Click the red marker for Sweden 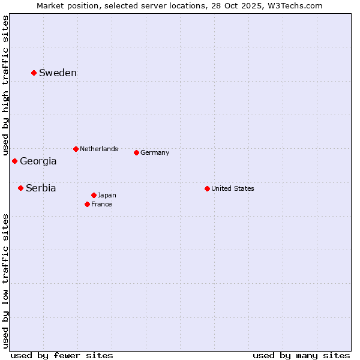pos(34,73)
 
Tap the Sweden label pos(58,73)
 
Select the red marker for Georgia pos(14,161)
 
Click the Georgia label pos(38,161)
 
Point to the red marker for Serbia pos(20,188)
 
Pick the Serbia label pos(41,188)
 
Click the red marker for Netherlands pos(76,149)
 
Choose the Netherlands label pos(99,149)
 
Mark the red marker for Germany pos(136,152)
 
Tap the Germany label pos(155,153)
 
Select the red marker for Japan pos(94,195)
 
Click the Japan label pos(107,196)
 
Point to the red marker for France pos(87,204)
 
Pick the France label pos(101,205)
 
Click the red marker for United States pos(207,188)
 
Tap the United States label pos(233,189)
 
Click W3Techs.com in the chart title pos(295,6)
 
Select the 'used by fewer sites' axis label pos(62,355)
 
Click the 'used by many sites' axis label pos(301,355)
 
